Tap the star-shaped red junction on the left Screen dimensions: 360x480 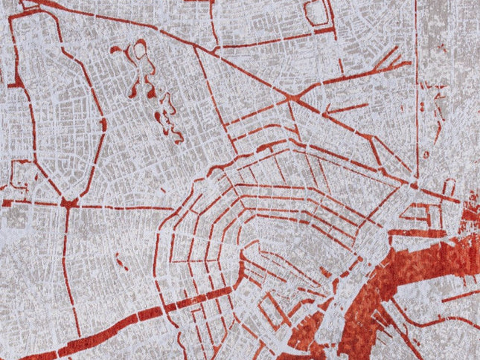pos(68,202)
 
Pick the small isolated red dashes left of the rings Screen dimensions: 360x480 pos(123,262)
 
